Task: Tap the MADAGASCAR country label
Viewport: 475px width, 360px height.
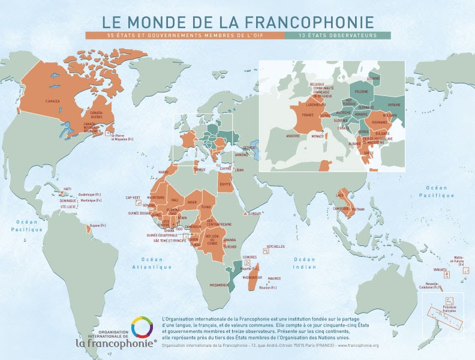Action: tap(253, 277)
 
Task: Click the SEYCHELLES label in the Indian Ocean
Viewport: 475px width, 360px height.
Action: tap(275, 246)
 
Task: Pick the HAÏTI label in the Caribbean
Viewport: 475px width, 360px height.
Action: tap(67, 189)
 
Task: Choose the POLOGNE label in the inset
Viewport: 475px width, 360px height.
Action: tap(362, 92)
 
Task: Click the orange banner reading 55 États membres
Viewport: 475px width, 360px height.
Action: tap(185, 35)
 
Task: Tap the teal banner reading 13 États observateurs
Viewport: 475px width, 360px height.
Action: tap(338, 35)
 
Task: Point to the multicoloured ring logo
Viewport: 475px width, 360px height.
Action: tap(143, 328)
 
